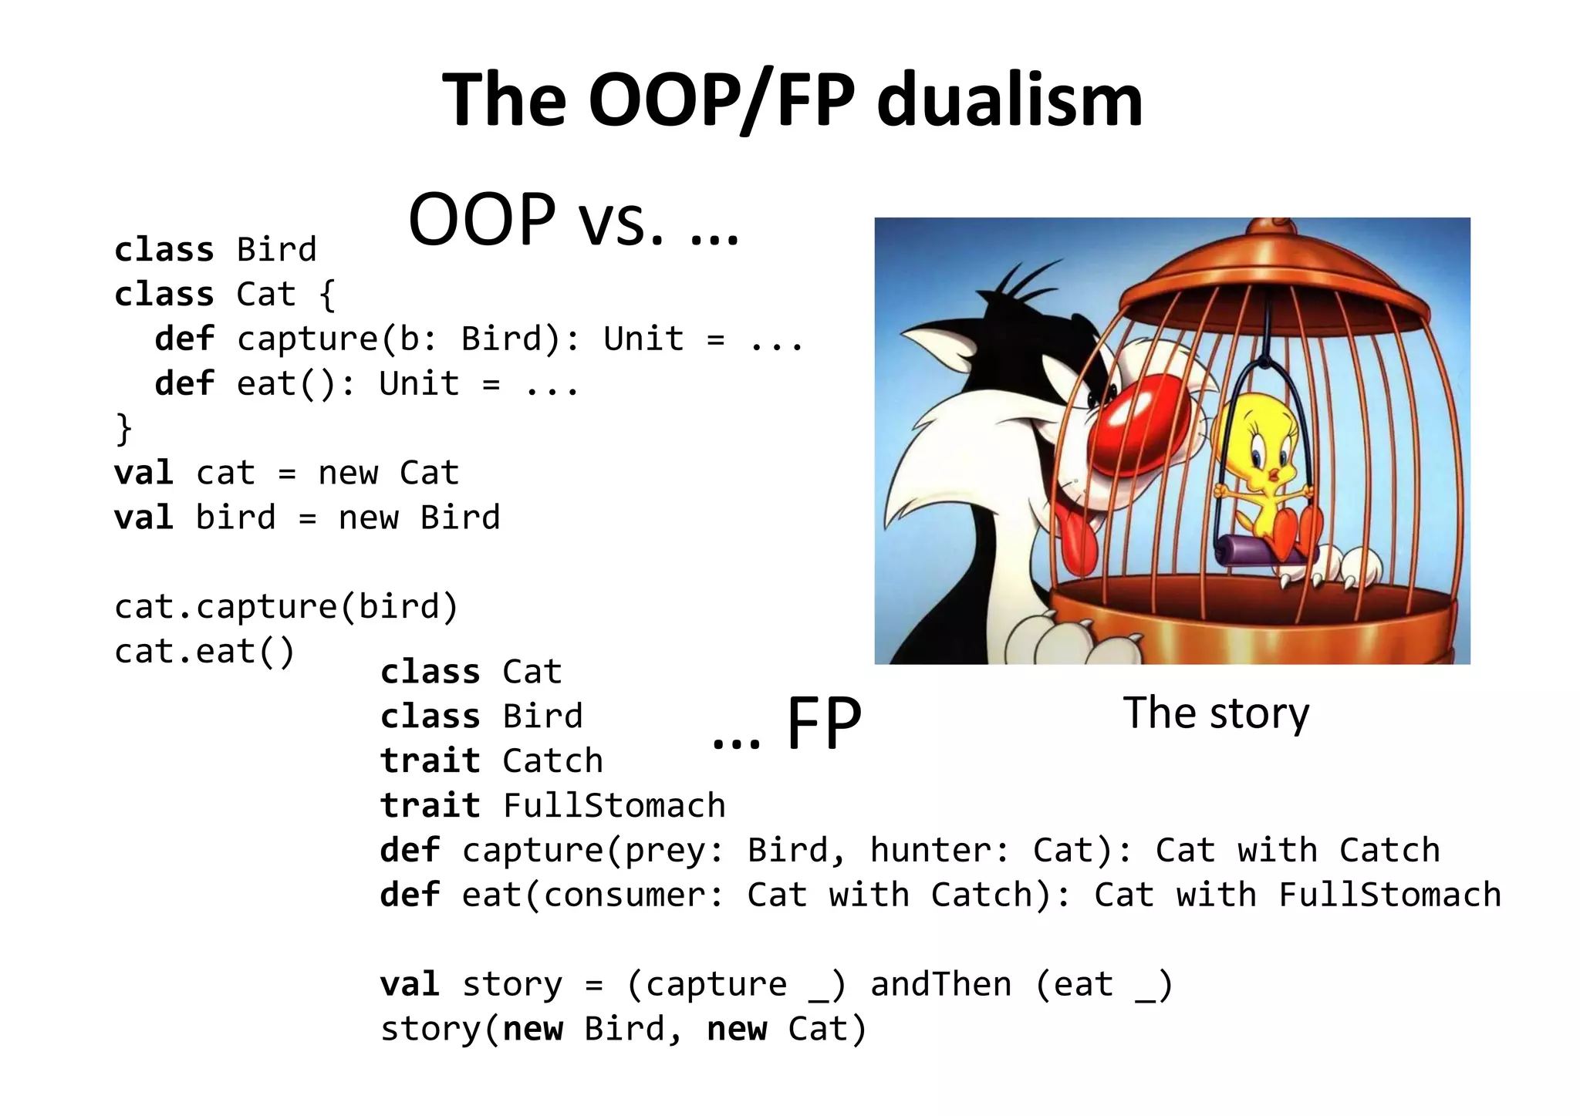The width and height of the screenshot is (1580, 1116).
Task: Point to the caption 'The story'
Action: pos(1215,713)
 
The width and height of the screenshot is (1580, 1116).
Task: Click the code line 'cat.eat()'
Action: pos(204,652)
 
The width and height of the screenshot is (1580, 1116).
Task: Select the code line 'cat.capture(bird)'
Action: pos(286,607)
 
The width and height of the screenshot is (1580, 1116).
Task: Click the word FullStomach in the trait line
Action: pos(614,806)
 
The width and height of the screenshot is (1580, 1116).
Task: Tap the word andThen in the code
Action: pos(940,985)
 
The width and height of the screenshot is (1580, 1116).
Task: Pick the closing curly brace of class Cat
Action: pos(123,429)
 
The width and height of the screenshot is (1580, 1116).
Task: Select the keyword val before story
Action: pos(410,985)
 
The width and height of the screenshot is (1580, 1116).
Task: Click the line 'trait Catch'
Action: pos(491,761)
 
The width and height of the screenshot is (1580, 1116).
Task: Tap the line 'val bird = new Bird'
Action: pos(307,518)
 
